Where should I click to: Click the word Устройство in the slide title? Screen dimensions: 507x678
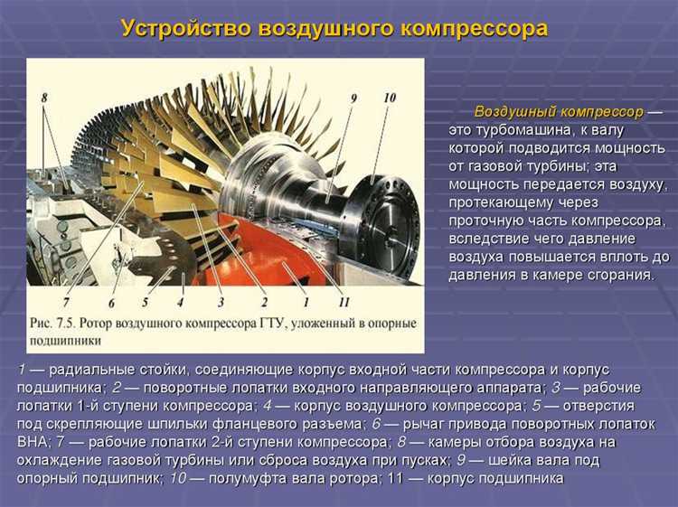tap(184, 28)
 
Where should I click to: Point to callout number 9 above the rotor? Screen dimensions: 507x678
tap(353, 98)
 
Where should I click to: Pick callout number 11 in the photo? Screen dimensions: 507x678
tap(344, 302)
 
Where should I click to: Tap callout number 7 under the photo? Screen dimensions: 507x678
tap(66, 302)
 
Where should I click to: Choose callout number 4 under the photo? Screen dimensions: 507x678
tap(180, 302)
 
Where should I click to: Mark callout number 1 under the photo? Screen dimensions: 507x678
tap(306, 302)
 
